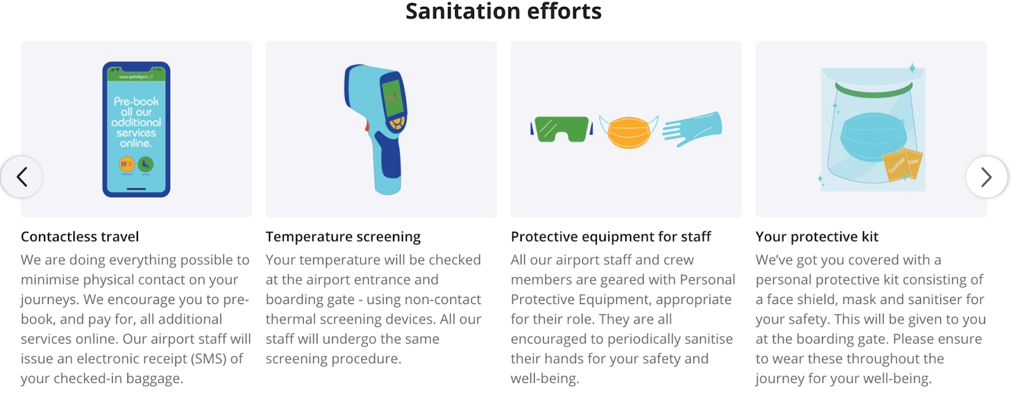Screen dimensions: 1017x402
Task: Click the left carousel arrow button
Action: pos(22,177)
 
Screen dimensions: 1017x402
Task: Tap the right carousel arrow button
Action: pos(986,177)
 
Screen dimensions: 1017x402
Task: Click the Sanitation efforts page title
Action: pos(503,11)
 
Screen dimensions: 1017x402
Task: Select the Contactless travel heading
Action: pos(80,236)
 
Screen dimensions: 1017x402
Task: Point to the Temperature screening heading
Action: pos(343,237)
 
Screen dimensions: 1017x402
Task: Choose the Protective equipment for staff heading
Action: pos(611,237)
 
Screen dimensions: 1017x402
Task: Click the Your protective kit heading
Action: pos(817,237)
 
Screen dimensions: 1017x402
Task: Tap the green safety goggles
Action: pos(562,130)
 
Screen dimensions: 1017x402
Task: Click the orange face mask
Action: pos(629,132)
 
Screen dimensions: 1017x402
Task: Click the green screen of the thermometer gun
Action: pos(393,98)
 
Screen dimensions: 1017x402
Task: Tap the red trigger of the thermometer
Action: pos(367,126)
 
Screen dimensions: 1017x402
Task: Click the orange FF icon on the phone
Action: pos(126,164)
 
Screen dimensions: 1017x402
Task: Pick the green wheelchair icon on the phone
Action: pos(146,164)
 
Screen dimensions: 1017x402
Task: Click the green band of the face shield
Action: pos(874,90)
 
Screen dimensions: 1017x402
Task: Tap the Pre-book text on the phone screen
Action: pos(136,102)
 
